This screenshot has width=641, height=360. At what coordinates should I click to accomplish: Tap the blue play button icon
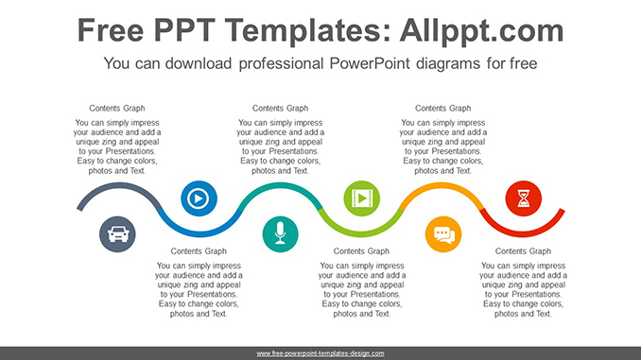point(198,198)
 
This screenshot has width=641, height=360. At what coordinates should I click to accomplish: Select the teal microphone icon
point(280,232)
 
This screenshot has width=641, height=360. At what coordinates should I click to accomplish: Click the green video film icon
point(361,198)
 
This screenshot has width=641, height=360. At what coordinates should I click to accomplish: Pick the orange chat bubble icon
point(442,232)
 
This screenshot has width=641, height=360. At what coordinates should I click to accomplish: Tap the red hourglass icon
point(523,198)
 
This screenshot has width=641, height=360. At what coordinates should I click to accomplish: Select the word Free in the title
point(112,30)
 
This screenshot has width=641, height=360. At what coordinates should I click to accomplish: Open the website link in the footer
point(320,353)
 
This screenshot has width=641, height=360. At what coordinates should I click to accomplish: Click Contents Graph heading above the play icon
point(117,108)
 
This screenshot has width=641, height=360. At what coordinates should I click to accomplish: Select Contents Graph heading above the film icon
point(280,108)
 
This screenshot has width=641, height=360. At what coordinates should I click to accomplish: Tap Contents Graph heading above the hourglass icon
point(442,108)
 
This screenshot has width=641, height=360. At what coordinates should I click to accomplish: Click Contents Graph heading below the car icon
point(199,251)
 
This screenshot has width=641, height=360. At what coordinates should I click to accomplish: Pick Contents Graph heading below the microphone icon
point(361,251)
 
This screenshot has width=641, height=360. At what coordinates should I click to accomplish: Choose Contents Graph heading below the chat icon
point(523,251)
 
